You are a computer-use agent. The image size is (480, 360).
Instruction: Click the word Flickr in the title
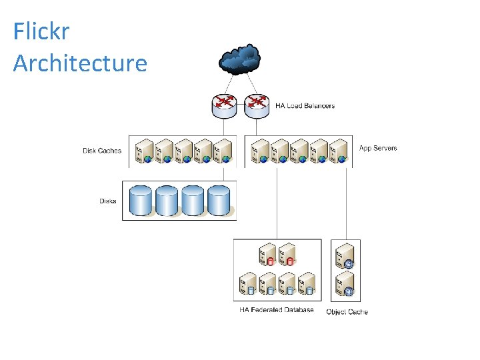coord(41,31)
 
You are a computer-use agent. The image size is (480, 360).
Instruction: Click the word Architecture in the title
coord(80,63)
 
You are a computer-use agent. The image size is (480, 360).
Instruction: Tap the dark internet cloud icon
coord(240,59)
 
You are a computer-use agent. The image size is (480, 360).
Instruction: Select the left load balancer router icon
coord(225,106)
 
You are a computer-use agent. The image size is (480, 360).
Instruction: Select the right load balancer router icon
coord(257,106)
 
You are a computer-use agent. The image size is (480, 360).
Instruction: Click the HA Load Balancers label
coord(305,106)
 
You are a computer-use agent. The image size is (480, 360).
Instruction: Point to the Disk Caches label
coord(102,151)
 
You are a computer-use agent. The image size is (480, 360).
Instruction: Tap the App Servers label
coord(378,148)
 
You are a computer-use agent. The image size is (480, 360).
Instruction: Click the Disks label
coord(108,201)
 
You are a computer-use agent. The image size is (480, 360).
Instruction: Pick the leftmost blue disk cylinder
coord(141,201)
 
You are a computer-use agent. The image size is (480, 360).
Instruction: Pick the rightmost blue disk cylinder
coord(219,201)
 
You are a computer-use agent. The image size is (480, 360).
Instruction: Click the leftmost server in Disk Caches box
coord(144,151)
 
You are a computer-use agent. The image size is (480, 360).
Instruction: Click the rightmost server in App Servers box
coord(338,151)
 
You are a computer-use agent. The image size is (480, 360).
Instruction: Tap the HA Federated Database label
coord(277,309)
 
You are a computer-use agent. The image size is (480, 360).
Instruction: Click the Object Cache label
coord(347,311)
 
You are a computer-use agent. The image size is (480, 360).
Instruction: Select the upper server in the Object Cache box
coord(345,256)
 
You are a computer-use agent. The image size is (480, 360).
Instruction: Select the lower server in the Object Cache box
coord(345,284)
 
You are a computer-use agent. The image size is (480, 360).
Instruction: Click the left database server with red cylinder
coord(267,254)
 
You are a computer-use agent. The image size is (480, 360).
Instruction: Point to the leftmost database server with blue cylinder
coord(248,283)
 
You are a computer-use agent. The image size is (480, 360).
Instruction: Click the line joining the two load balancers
coord(241,105)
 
